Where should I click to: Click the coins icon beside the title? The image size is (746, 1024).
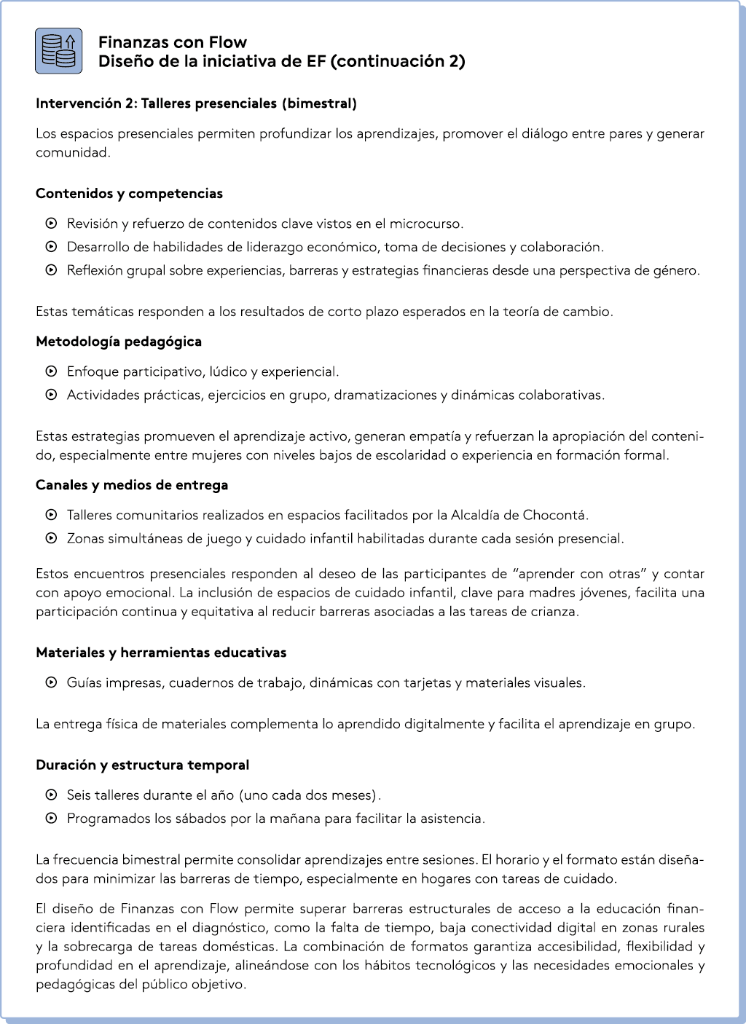58,51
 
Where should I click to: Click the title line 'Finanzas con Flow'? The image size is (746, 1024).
172,42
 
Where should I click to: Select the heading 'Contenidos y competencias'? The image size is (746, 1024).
129,194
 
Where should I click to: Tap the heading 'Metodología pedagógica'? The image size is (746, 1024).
119,342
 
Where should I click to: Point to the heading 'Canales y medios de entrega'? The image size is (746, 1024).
132,485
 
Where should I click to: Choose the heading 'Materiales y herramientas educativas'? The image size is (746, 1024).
161,653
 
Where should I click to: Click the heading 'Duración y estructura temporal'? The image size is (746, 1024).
142,765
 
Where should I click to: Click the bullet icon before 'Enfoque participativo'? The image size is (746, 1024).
51,372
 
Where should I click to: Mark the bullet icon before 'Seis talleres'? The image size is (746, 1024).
51,795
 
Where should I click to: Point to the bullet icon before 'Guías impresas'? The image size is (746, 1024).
51,683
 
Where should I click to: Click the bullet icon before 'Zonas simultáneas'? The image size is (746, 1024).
51,539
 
